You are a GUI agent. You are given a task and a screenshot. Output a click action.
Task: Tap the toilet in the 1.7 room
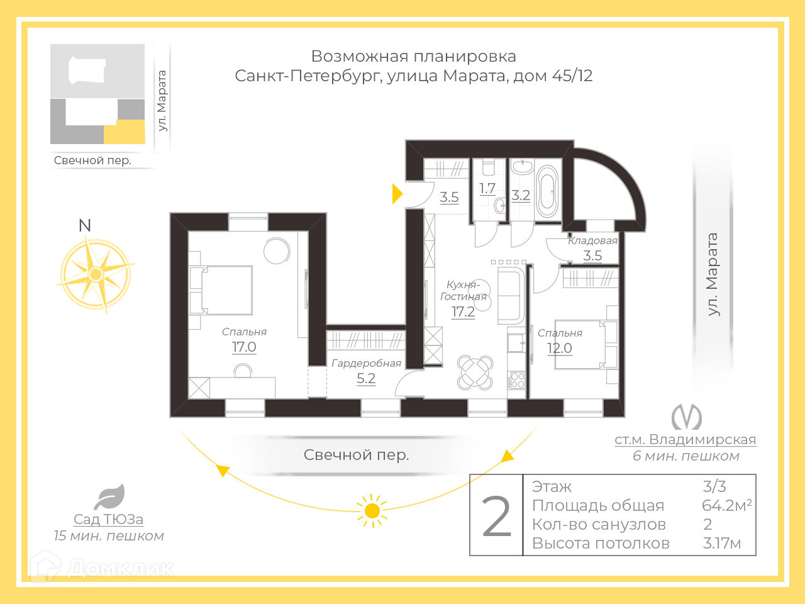coord(489,169)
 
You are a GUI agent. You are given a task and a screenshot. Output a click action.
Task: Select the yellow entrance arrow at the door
coord(397,193)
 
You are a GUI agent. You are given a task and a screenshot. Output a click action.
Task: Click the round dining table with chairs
coord(475,372)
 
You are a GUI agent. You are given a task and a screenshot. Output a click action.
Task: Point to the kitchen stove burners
coord(517,380)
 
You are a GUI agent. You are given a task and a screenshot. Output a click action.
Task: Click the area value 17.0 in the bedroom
coord(244,347)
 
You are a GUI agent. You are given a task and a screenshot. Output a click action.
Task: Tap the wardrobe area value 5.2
coord(366,378)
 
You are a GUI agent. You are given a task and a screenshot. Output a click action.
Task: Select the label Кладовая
coord(592,240)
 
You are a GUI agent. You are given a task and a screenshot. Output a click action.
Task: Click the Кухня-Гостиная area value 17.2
coord(463,311)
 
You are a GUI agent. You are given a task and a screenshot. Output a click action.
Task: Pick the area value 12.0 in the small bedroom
coord(559,348)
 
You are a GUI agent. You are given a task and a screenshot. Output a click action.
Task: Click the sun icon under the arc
coord(372,510)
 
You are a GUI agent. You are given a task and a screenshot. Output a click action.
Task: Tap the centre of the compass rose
coord(96,274)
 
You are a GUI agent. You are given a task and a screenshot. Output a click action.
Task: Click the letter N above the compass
coord(85,225)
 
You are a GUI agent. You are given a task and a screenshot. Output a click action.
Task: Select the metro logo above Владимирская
coord(686,417)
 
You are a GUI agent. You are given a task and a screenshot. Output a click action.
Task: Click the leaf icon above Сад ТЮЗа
coord(110,497)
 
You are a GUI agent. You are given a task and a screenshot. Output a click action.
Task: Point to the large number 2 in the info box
coord(497,517)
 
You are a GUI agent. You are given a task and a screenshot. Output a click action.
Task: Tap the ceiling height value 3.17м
coord(721,543)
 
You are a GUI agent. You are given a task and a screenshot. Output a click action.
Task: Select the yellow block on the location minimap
coord(125,132)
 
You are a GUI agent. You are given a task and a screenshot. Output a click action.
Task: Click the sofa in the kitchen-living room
coord(510,295)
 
